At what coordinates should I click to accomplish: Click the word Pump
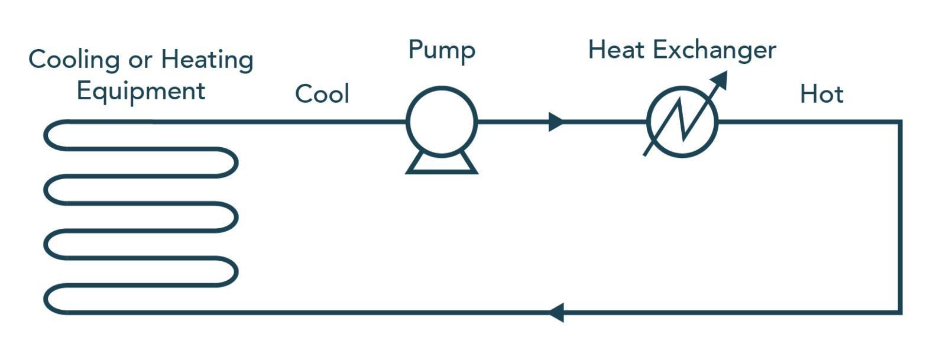point(441,51)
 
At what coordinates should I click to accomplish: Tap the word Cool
point(322,94)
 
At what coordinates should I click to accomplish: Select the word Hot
point(821,95)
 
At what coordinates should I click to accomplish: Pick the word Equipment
point(141,92)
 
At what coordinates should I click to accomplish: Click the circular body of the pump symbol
point(441,122)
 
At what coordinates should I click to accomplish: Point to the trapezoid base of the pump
point(441,163)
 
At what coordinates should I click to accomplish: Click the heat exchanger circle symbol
point(682,122)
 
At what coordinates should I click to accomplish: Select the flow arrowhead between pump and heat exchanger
point(556,122)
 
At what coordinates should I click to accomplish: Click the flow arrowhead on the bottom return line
point(556,312)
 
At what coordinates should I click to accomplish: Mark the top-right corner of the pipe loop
point(899,122)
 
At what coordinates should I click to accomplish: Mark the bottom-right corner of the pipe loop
point(899,312)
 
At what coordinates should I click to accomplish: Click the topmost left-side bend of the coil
point(47,135)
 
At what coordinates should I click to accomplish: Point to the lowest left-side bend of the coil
point(47,299)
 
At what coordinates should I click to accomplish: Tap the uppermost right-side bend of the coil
point(236,163)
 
